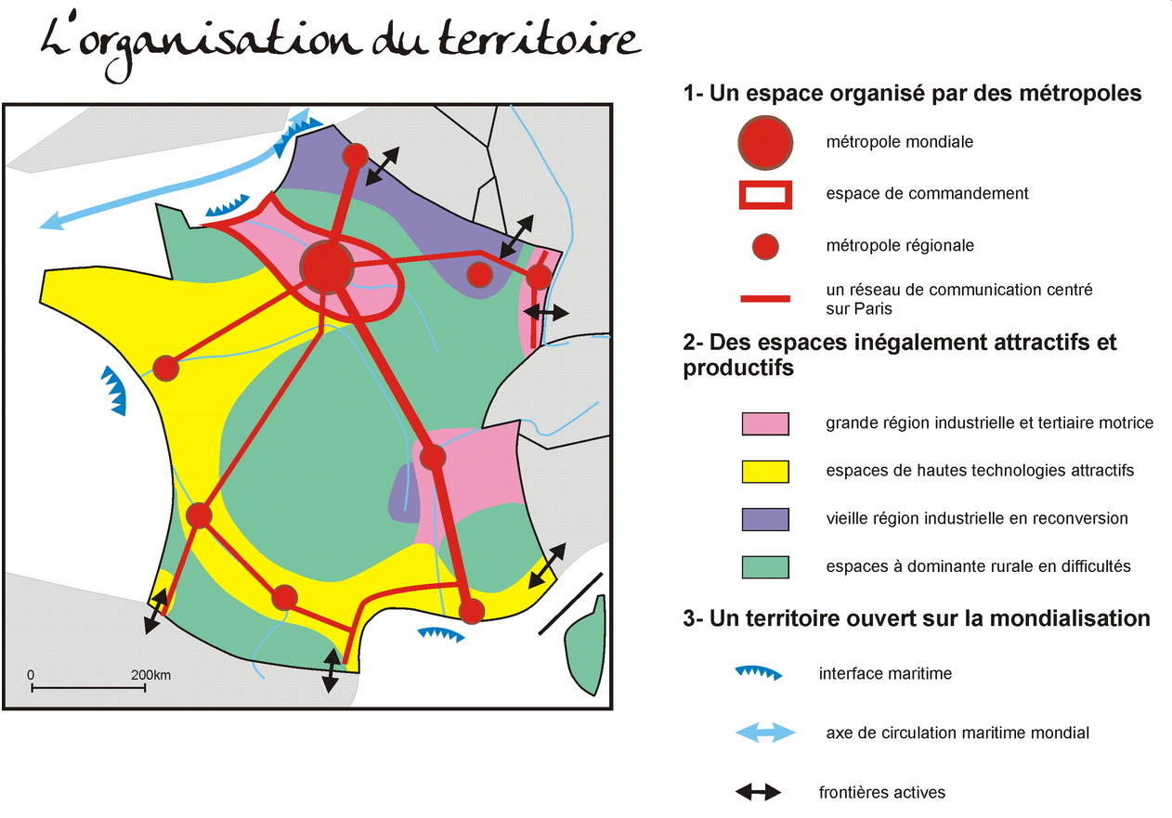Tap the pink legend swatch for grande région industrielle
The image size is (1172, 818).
[765, 423]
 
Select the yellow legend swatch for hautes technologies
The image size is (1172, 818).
[765, 471]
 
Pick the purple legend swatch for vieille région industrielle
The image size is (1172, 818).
[765, 518]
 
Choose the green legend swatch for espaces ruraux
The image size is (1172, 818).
[765, 566]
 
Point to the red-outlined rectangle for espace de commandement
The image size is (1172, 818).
[765, 194]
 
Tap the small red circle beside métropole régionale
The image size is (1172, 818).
[765, 246]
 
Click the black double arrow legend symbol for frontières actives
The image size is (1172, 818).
[758, 793]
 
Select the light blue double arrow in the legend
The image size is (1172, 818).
[765, 733]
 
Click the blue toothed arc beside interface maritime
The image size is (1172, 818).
[758, 674]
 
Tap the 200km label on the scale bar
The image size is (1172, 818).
[150, 674]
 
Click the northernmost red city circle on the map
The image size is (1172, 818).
[356, 155]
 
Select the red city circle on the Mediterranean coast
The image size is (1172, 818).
[472, 611]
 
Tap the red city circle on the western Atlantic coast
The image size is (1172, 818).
[165, 369]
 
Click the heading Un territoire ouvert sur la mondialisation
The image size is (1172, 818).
[917, 618]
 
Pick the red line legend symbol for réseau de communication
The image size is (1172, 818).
[765, 298]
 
